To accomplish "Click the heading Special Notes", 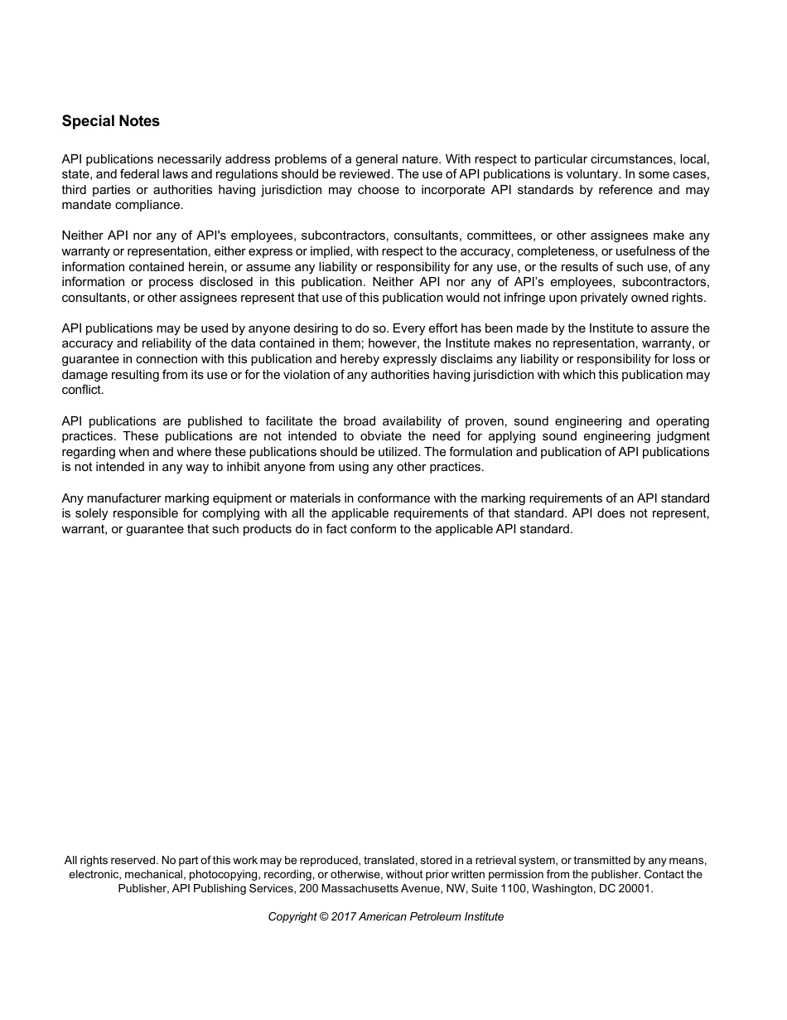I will pyautogui.click(x=110, y=121).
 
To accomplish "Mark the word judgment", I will pyautogui.click(x=679, y=436).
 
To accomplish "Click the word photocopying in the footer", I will pyautogui.click(x=222, y=874).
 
